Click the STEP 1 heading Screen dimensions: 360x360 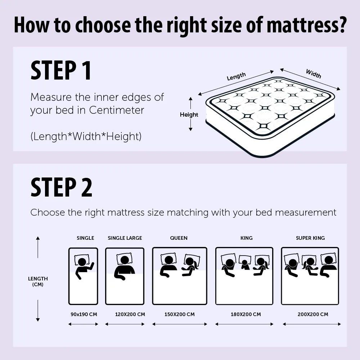61,71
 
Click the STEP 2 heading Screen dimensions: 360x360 61,187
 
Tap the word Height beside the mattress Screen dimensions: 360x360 189,114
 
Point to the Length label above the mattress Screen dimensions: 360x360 236,76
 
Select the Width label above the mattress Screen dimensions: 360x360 313,73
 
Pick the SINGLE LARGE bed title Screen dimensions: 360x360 125,238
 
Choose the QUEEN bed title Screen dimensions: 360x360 179,238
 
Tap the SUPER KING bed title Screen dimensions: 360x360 310,238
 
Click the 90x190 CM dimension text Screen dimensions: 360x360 84,314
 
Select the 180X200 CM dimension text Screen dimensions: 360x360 246,314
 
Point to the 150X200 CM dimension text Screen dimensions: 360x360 180,314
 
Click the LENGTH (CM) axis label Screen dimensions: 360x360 38,282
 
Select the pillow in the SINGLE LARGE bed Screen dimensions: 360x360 125,258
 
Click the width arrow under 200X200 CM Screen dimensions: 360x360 311,324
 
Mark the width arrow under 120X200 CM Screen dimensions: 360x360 125,324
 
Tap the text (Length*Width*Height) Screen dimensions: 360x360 86,136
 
